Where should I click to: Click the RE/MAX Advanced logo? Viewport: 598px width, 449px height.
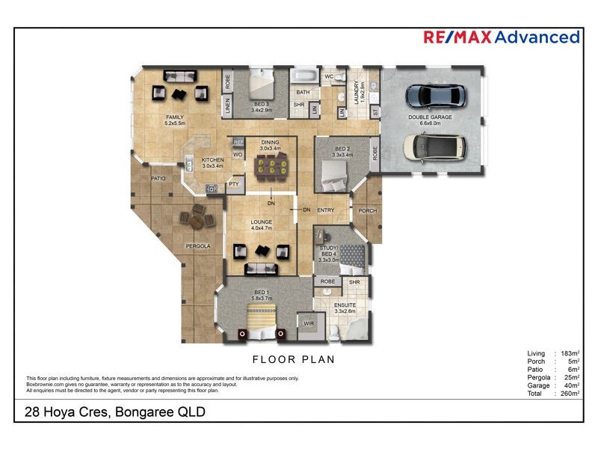point(501,37)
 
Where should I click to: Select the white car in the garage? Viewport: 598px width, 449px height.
point(434,146)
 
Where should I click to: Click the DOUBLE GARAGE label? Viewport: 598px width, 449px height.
point(429,118)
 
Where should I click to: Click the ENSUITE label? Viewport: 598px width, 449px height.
point(345,305)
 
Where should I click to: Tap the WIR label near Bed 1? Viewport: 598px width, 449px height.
point(308,323)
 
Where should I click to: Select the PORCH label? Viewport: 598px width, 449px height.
point(367,211)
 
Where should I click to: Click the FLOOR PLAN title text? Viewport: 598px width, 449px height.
point(293,360)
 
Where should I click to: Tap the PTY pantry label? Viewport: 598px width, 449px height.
point(233,183)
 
